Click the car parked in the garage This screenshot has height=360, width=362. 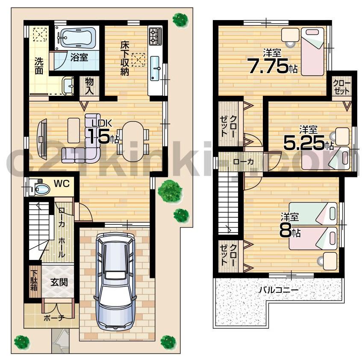pyautogui.click(x=114, y=280)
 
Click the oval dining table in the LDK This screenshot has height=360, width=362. pyautogui.click(x=133, y=142)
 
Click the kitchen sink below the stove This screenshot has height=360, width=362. pyautogui.click(x=155, y=67)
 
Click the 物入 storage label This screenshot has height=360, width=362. pyautogui.click(x=89, y=86)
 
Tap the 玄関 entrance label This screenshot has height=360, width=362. pyautogui.click(x=59, y=283)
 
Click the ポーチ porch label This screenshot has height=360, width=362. pyautogui.click(x=54, y=318)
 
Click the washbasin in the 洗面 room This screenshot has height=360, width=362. pyautogui.click(x=68, y=86)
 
